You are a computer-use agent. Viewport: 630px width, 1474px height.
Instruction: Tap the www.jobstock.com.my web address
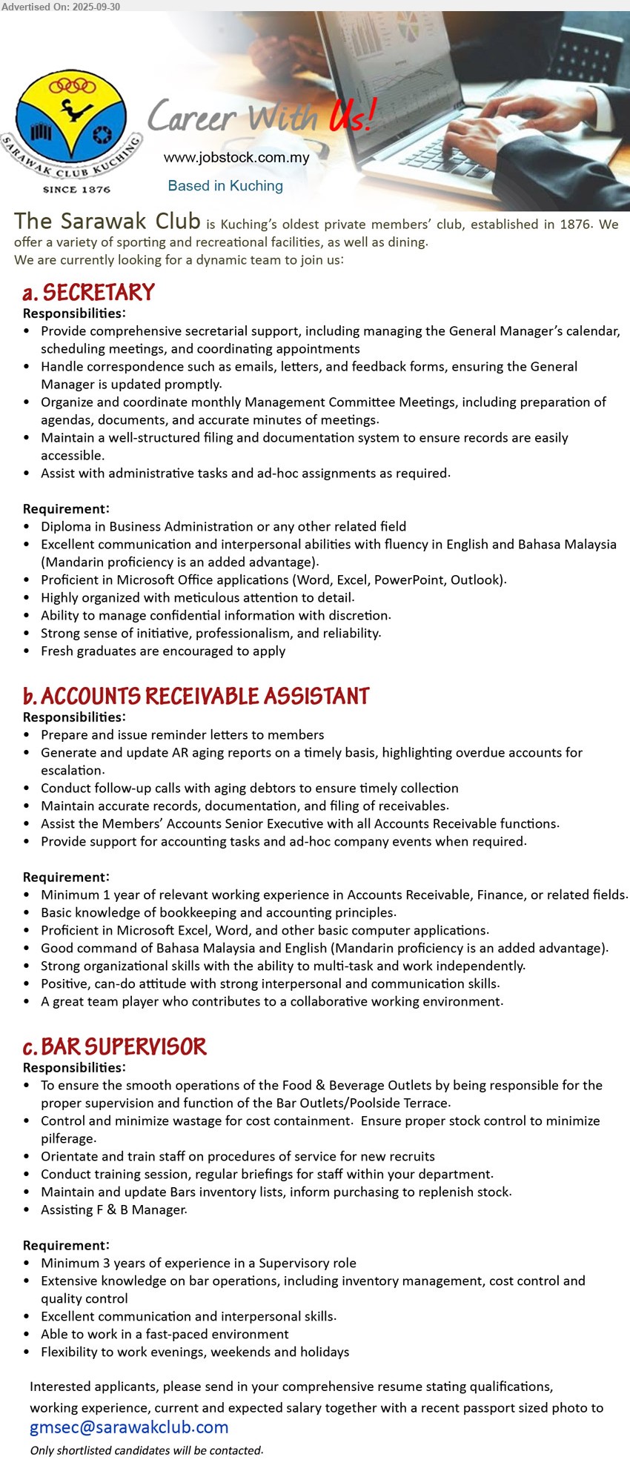point(236,157)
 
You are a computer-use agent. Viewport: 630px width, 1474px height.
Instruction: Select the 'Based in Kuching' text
point(225,186)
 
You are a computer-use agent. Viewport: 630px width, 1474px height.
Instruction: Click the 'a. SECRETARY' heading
point(89,292)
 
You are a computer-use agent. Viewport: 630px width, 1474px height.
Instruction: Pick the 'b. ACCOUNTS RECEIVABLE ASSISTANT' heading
point(196,696)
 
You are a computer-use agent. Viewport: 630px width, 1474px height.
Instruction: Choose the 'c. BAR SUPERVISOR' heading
point(115,1046)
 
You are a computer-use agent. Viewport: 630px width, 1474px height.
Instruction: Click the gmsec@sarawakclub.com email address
point(129,1427)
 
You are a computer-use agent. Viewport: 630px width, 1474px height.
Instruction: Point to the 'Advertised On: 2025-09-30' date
point(61,6)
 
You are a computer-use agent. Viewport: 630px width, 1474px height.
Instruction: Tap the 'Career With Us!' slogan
point(261,117)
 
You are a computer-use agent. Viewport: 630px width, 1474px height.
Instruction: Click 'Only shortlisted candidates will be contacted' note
point(147,1450)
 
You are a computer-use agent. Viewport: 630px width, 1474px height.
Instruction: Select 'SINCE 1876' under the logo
point(76,190)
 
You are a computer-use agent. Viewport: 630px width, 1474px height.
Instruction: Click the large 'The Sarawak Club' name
point(107,221)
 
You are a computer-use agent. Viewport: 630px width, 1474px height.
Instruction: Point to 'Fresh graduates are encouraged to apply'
point(163,651)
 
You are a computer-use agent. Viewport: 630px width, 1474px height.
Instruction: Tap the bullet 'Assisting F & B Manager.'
point(114,1209)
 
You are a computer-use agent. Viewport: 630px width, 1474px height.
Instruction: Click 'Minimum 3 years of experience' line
point(199,1263)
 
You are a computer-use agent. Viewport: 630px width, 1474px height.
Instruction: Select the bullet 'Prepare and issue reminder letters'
point(182,734)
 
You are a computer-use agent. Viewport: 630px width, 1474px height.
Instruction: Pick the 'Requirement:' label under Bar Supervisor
point(66,1245)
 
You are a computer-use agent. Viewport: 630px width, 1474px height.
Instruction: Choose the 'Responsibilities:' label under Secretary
point(74,313)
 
